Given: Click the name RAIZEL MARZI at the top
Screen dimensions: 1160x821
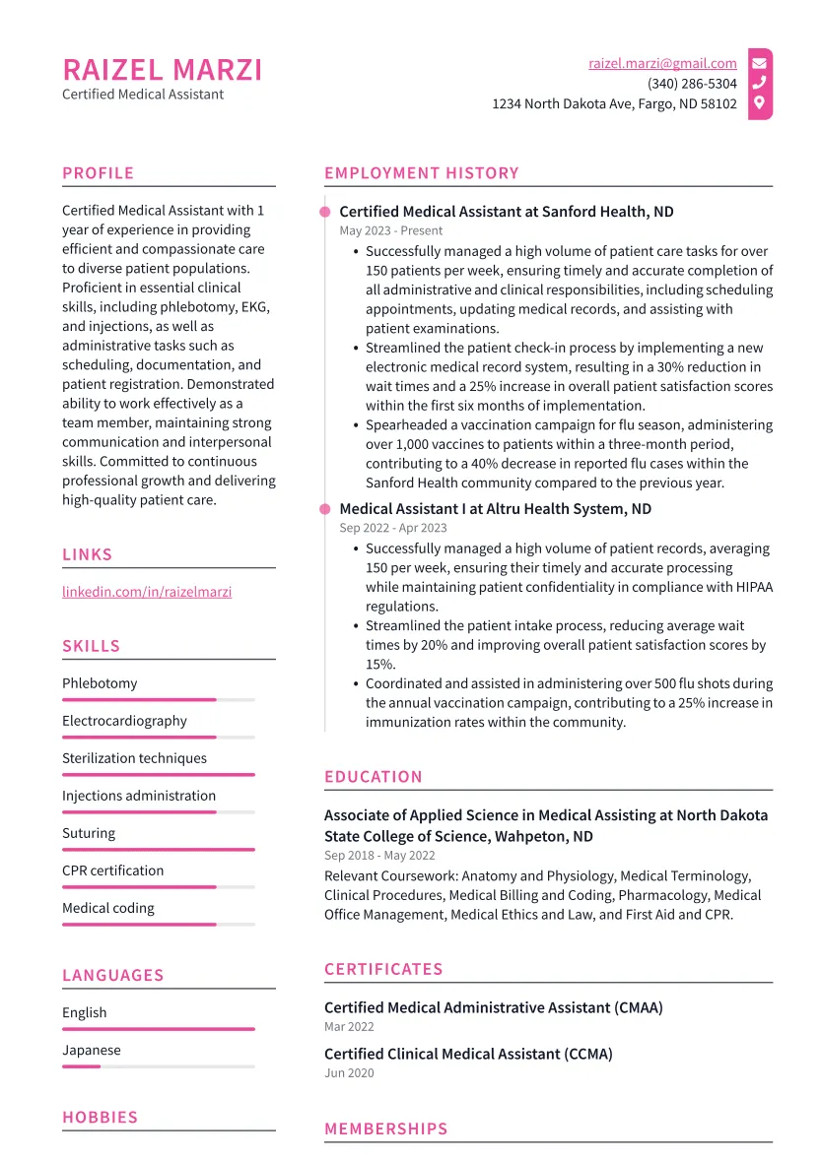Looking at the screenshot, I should (163, 70).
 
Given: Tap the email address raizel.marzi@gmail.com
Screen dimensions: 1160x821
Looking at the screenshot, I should (662, 63).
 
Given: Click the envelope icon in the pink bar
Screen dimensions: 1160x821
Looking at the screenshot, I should (759, 63).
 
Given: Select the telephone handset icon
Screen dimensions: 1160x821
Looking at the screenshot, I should (759, 83).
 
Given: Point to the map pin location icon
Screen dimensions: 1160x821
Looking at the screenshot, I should (759, 102).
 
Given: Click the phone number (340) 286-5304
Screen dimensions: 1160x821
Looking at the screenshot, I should (692, 84).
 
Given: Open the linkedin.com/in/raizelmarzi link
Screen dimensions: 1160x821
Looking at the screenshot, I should (147, 592).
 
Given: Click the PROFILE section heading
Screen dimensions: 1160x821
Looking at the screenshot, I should (98, 173).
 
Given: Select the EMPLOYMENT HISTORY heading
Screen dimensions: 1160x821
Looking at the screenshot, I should (421, 173).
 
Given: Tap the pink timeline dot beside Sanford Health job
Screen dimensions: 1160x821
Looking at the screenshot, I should (324, 212).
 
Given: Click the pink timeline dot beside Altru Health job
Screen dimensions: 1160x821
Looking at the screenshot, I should (324, 509).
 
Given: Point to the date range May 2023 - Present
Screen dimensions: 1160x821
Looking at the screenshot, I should (391, 230).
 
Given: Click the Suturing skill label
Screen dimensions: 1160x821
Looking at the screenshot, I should (89, 833).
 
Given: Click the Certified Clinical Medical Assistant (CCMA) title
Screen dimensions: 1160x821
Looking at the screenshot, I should (468, 1054).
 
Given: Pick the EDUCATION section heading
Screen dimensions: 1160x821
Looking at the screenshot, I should (373, 777).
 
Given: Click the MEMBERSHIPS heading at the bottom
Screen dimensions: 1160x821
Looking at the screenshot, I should (385, 1129).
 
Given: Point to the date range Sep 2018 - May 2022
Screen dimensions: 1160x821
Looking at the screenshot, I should (379, 855).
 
